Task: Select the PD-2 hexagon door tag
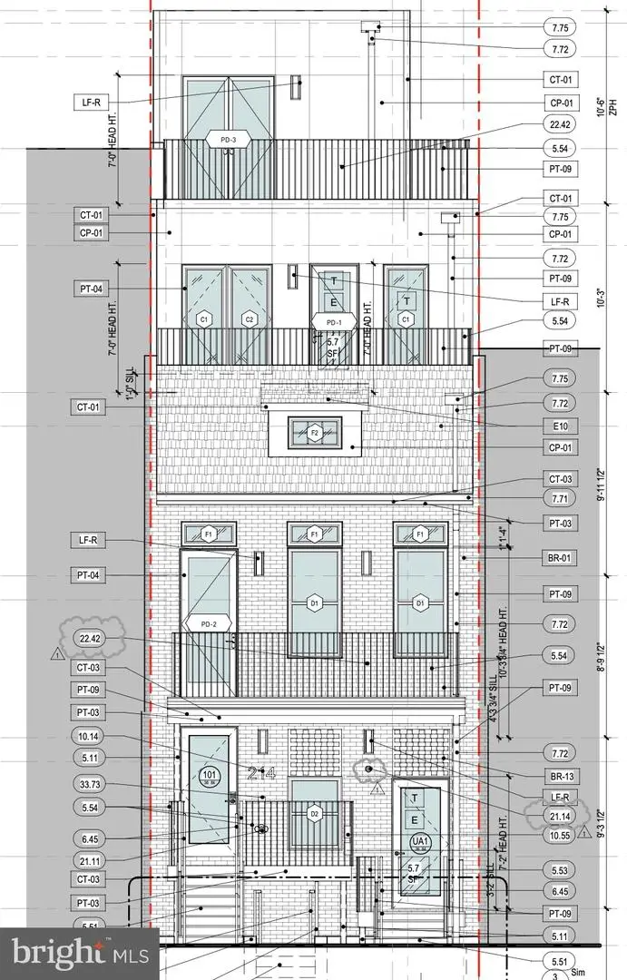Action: [210, 623]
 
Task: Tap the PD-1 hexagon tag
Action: [328, 322]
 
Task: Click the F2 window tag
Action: [315, 434]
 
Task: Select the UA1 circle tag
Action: [418, 841]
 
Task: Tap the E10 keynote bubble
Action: [558, 425]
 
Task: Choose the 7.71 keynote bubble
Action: [558, 500]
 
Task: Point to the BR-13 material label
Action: [558, 776]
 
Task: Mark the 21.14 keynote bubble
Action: [558, 817]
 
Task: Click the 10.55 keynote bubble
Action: [558, 837]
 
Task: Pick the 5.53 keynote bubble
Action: [558, 870]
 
